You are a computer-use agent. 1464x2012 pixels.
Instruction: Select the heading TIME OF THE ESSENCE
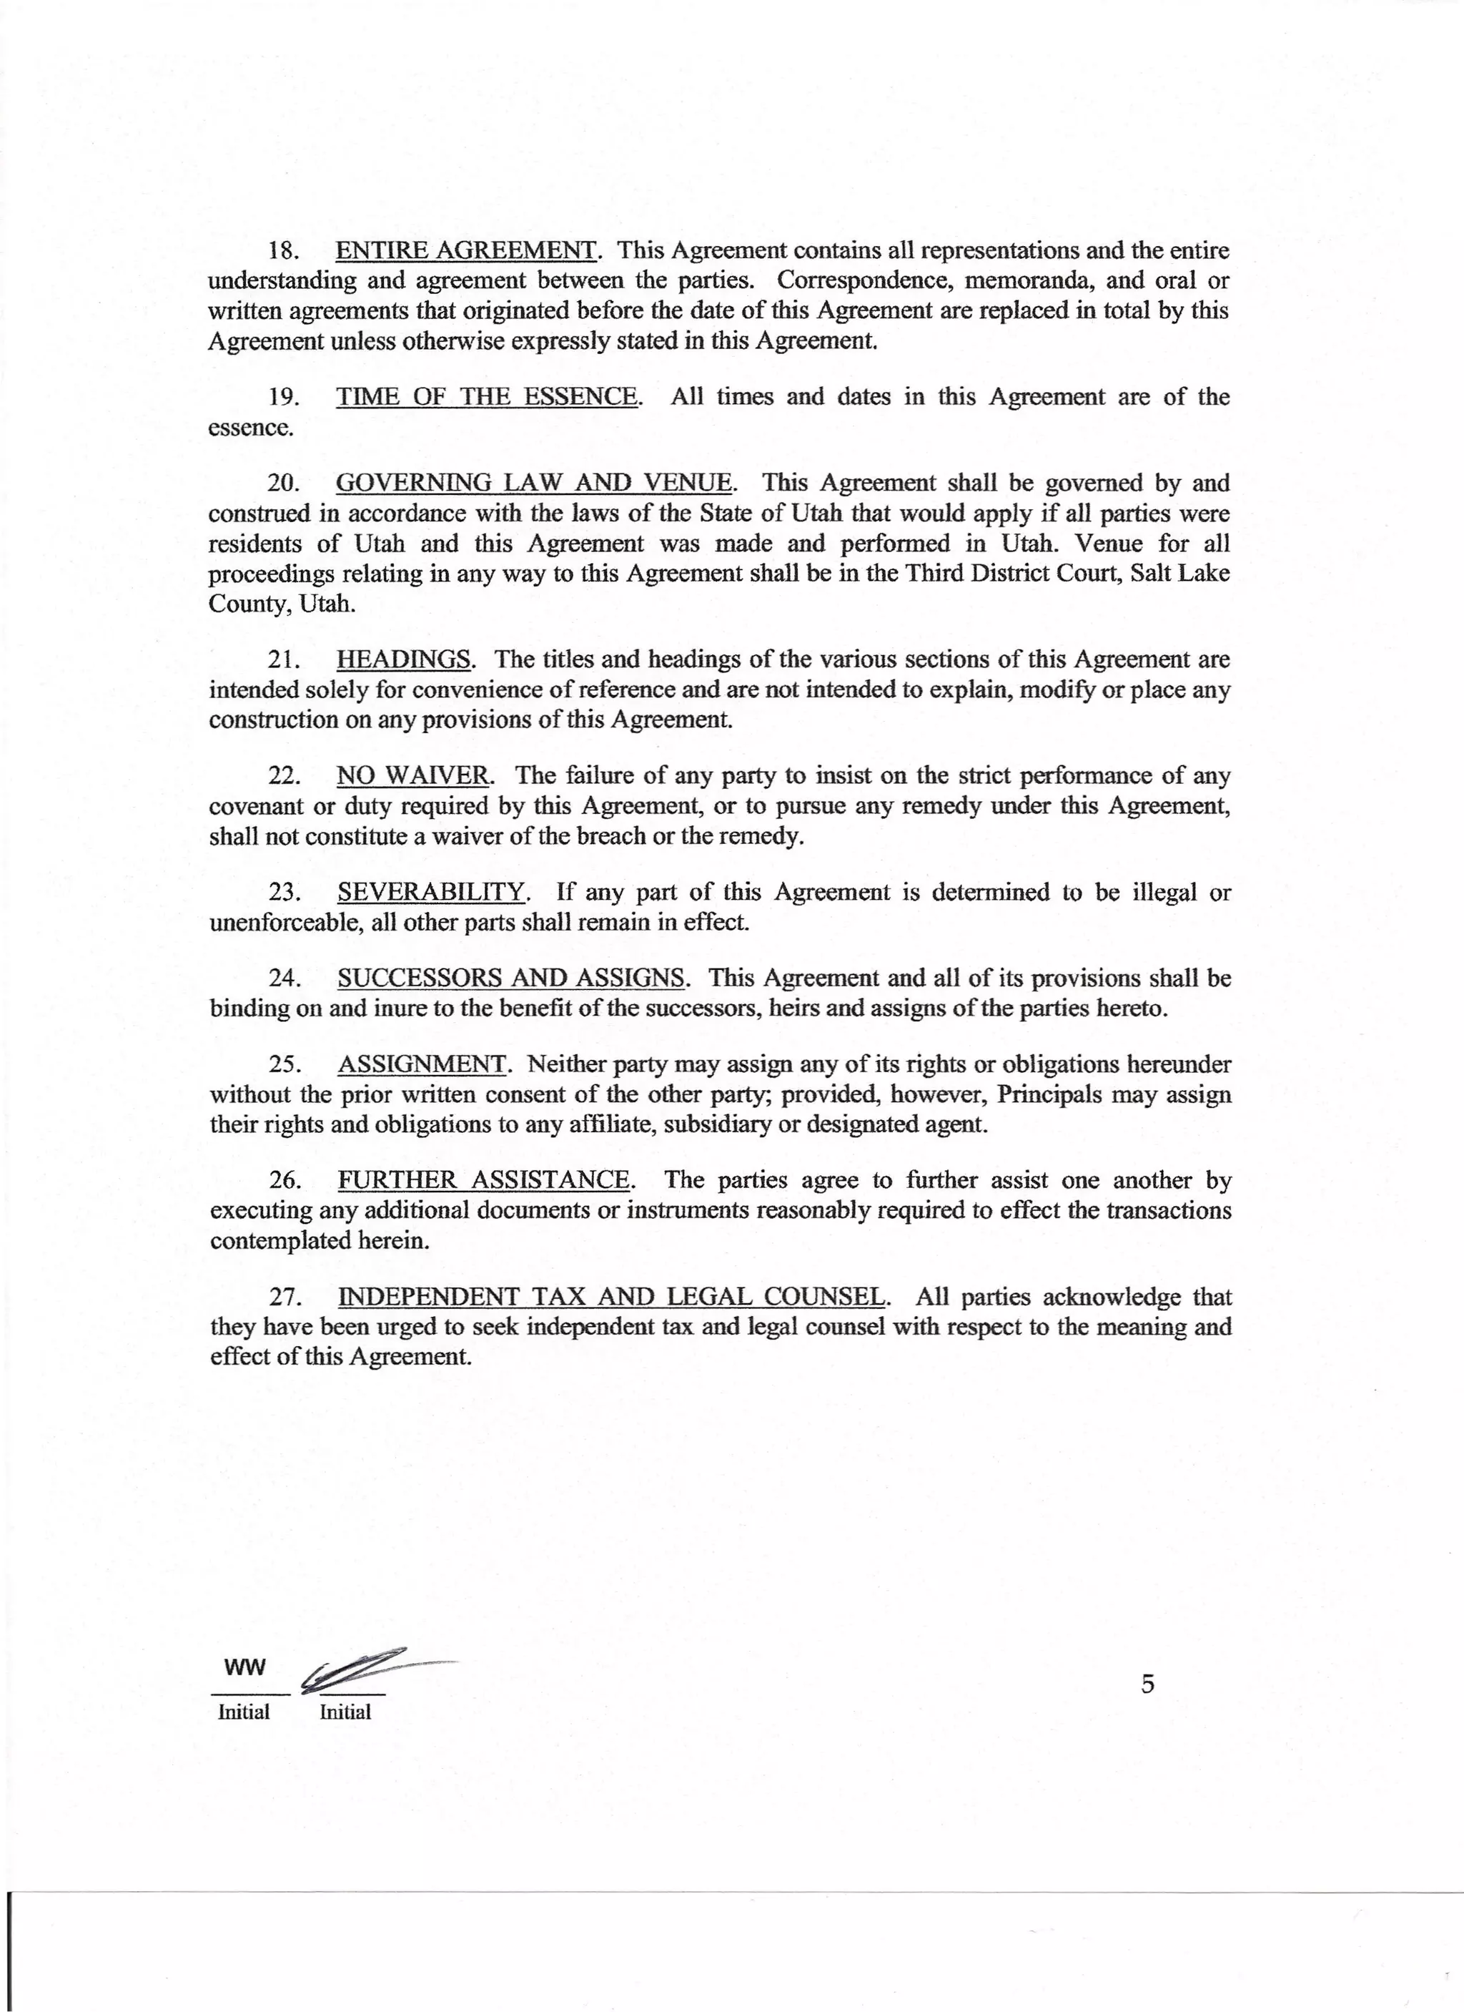487,396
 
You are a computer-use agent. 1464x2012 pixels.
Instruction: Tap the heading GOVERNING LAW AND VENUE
535,484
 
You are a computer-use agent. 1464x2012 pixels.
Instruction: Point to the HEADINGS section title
403,660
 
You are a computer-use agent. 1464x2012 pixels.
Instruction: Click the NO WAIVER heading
412,776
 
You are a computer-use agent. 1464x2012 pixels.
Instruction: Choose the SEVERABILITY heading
432,893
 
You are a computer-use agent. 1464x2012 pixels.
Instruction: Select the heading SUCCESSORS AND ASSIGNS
512,978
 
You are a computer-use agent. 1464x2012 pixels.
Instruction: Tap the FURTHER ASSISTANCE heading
484,1181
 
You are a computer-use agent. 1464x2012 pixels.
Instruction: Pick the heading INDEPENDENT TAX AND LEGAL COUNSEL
612,1298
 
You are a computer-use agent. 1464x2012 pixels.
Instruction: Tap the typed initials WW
244,1667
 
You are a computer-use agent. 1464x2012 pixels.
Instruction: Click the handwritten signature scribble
364,1668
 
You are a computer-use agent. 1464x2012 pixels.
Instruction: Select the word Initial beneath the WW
244,1712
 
